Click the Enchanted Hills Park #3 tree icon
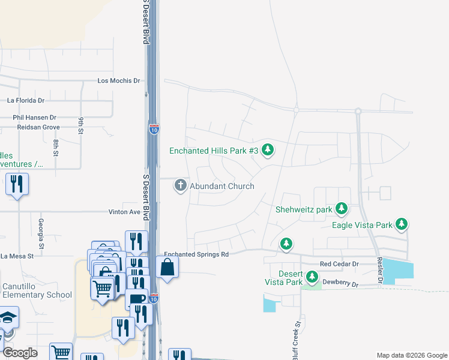268,150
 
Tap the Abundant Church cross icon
180,186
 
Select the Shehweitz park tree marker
342,209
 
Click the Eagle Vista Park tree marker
402,225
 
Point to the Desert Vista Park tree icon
312,277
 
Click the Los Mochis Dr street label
118,80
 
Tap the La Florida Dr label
26,101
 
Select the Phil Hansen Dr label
34,118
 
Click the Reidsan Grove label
38,127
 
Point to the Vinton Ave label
124,212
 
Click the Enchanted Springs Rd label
197,254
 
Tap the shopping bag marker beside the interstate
167,267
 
